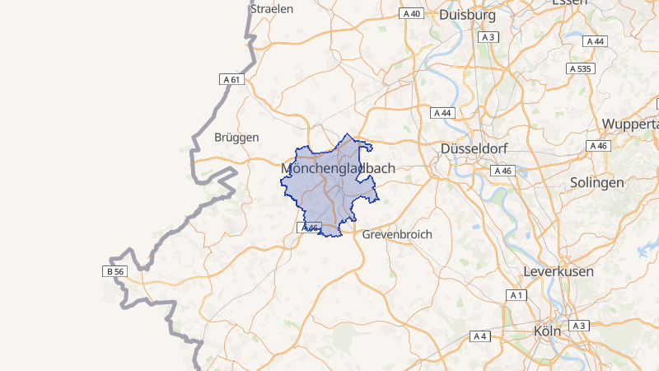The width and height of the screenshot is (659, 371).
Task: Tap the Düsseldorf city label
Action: (x=474, y=148)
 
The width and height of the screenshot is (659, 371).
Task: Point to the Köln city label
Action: (x=547, y=331)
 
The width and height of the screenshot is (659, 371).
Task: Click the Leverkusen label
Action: (x=559, y=271)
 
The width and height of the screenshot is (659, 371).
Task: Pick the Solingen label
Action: (x=596, y=182)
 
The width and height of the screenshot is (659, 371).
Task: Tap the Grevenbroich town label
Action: (x=397, y=234)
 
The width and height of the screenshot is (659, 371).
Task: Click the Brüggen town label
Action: (x=236, y=137)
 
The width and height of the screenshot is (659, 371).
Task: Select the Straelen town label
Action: (x=272, y=8)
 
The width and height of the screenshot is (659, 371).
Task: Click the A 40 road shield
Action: (x=411, y=14)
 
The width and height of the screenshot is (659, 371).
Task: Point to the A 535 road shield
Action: (x=581, y=68)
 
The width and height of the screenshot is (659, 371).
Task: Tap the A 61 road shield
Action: (x=232, y=79)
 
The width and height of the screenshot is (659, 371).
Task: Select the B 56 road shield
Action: (x=115, y=271)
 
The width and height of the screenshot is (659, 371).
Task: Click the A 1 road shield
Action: (x=516, y=295)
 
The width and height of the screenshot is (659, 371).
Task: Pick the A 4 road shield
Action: (x=480, y=336)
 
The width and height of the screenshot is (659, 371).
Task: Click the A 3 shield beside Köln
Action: (x=579, y=326)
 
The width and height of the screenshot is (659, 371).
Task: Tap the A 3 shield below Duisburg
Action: (x=489, y=37)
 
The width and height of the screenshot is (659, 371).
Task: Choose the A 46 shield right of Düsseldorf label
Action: (x=502, y=171)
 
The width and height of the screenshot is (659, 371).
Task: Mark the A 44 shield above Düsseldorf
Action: (x=442, y=112)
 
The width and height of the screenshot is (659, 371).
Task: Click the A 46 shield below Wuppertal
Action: (x=599, y=146)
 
